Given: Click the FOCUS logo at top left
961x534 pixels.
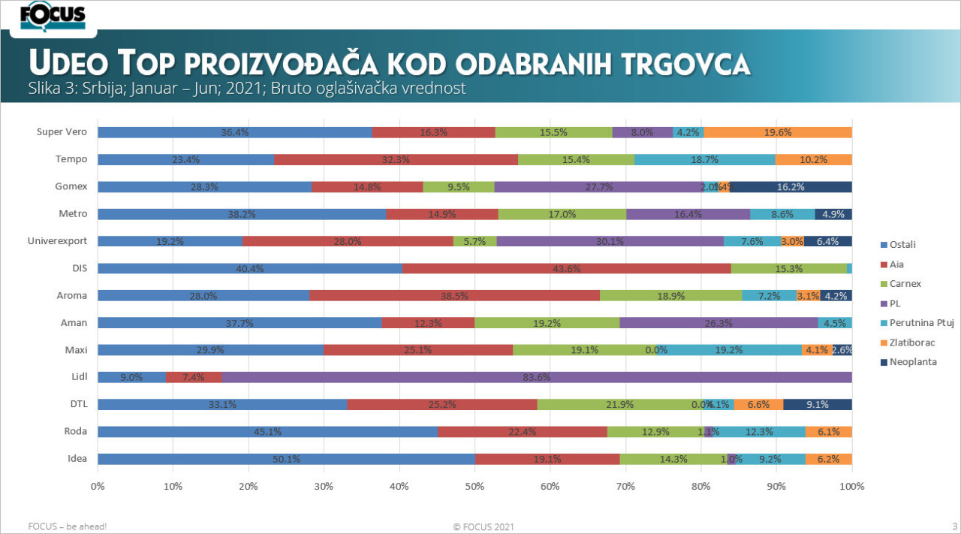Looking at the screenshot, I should [x=53, y=17].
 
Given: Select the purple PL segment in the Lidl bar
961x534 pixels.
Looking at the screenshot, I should [x=537, y=377].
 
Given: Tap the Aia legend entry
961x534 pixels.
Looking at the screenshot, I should [x=898, y=264].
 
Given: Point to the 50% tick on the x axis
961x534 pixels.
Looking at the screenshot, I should [x=474, y=486].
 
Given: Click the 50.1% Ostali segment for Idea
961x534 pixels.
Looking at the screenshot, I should [x=286, y=459].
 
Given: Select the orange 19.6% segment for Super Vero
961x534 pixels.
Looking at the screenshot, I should [x=778, y=132].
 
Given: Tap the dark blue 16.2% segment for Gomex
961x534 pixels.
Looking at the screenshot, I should [x=791, y=187].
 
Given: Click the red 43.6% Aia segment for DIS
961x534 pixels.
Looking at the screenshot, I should [x=566, y=268].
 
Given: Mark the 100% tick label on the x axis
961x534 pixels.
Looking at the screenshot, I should [x=851, y=486].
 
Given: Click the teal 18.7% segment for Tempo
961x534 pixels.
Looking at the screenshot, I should [x=705, y=159].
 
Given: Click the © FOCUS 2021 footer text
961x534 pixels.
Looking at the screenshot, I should [x=484, y=526].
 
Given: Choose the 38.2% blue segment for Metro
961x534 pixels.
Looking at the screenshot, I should [x=242, y=214].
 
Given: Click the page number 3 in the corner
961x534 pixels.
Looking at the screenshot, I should [x=954, y=525].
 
